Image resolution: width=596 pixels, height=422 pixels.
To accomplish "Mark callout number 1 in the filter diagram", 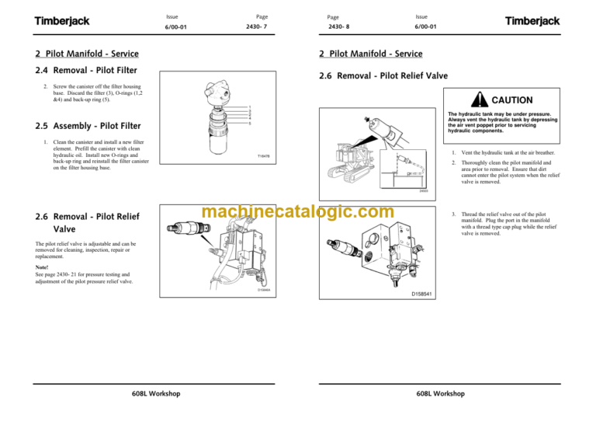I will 249,107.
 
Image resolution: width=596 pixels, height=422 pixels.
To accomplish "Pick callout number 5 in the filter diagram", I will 249,123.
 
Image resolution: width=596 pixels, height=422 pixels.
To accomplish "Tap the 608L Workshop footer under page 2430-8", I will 440,394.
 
